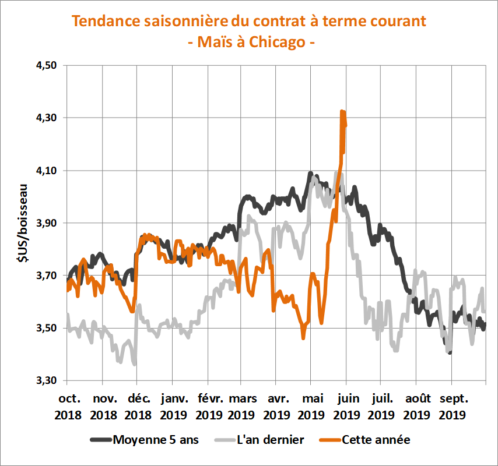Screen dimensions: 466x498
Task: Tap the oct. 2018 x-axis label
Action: tap(68, 407)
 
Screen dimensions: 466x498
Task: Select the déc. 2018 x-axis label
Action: tap(138, 407)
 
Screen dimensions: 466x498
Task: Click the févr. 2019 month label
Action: tap(208, 407)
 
